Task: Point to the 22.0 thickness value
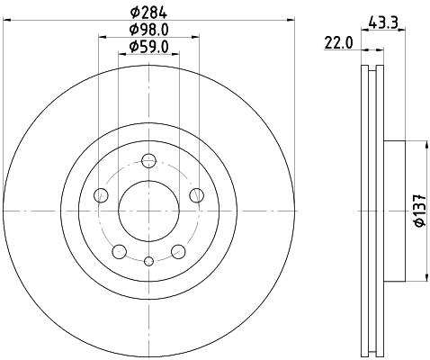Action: coord(338,42)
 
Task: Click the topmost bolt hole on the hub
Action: coord(149,162)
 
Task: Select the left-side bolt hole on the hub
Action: coord(102,196)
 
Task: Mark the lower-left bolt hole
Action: coord(120,251)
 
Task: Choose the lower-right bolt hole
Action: coord(178,251)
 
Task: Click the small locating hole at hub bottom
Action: coord(149,261)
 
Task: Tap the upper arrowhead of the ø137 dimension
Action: coord(425,144)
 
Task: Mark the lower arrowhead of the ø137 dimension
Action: coord(425,277)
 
